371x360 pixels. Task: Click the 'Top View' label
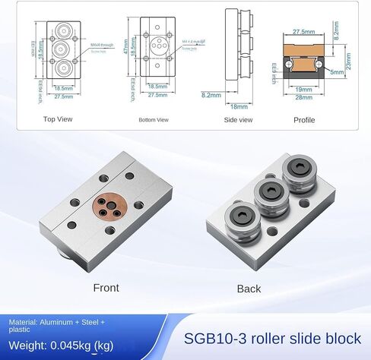point(57,119)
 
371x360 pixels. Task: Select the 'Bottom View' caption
point(153,120)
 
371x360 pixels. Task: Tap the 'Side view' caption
point(239,119)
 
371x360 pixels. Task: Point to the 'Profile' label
point(304,119)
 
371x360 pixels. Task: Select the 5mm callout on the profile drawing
point(337,71)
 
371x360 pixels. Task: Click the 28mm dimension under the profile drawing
point(303,97)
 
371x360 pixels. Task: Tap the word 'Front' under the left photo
point(106,288)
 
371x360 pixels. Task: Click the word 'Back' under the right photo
point(249,289)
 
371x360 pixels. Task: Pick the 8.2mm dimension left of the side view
point(211,95)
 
